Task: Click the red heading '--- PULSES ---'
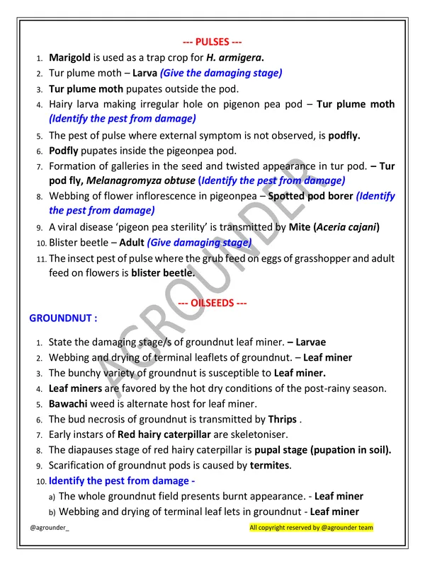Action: coord(212,42)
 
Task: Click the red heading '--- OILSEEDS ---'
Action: coord(212,304)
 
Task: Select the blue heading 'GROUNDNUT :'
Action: coord(62,318)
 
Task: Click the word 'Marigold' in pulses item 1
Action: coord(69,57)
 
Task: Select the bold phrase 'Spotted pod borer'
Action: coord(311,196)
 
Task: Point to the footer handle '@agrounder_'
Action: coord(50,528)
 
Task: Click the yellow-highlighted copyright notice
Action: coord(311,528)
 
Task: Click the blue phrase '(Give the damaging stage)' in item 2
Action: coord(220,73)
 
